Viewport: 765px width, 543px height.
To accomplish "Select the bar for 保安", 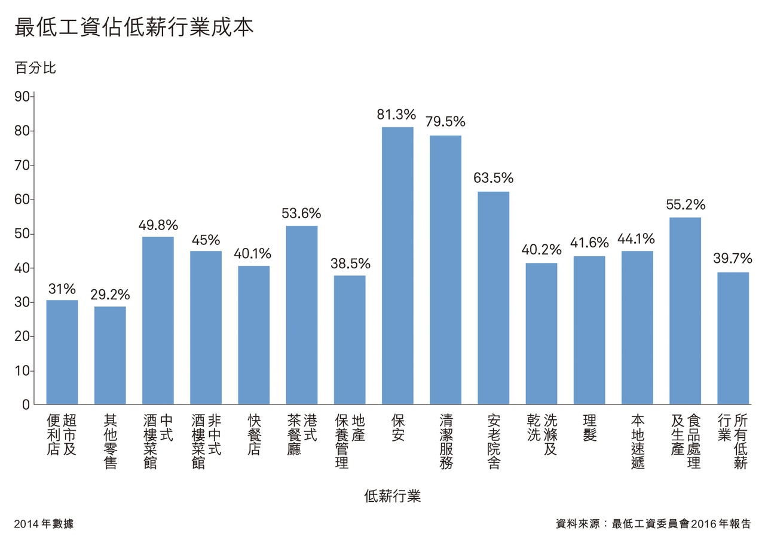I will [397, 266].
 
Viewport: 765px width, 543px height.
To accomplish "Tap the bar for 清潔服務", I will [445, 270].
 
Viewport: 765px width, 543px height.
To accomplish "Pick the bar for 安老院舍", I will [493, 298].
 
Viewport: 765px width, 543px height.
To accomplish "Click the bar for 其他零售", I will [110, 355].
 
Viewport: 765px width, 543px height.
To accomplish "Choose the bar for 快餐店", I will [253, 335].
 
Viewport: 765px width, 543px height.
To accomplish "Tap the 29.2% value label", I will [110, 294].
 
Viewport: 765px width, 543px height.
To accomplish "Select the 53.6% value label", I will [301, 213].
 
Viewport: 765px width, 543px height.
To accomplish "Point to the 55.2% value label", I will [686, 205].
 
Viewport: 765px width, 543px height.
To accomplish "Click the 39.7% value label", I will [733, 259].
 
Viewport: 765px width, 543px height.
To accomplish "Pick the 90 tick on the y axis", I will [22, 97].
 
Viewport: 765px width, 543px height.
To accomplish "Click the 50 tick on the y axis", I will [22, 234].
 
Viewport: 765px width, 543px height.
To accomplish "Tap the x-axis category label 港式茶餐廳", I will [302, 434].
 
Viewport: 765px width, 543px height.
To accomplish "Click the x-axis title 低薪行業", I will [392, 496].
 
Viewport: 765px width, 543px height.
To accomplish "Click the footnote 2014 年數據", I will [44, 524].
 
